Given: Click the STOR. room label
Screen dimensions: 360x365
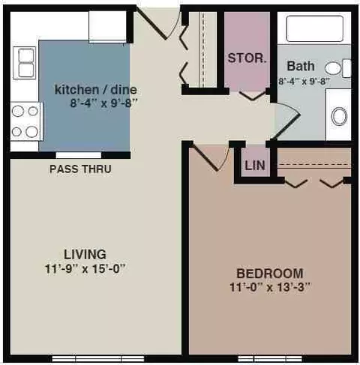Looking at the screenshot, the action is click(x=247, y=58).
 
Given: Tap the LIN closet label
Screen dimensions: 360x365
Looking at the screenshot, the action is click(x=255, y=165).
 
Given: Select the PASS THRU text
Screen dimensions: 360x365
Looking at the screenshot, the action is click(x=80, y=169).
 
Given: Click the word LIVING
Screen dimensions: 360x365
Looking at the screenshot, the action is click(x=85, y=254).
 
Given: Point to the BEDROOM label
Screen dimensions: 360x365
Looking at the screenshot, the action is click(x=270, y=274).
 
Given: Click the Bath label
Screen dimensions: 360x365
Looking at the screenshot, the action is click(x=301, y=66).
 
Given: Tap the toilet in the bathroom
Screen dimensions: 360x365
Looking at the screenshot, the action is click(x=338, y=68).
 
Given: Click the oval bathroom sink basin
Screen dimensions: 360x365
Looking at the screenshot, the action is click(x=339, y=116).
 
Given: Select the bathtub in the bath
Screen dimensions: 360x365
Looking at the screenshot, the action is click(x=315, y=28).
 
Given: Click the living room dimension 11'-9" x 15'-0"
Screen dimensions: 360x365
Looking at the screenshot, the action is click(x=85, y=269).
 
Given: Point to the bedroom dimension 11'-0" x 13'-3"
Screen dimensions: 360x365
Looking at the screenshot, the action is click(x=270, y=287).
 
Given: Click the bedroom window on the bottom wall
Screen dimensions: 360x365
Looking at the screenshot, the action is click(x=270, y=359).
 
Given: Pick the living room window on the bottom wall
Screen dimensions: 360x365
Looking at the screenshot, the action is click(x=98, y=359).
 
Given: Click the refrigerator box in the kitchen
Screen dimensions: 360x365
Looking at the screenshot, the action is click(x=107, y=27).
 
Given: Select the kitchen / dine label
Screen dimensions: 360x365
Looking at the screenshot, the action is click(x=96, y=89).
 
